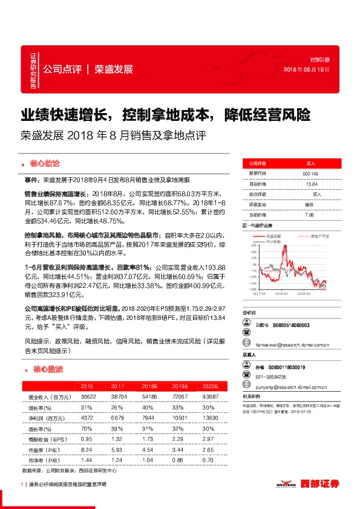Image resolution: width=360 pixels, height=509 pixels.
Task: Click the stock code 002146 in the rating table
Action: click(310, 173)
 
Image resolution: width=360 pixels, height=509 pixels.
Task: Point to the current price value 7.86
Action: click(310, 215)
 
